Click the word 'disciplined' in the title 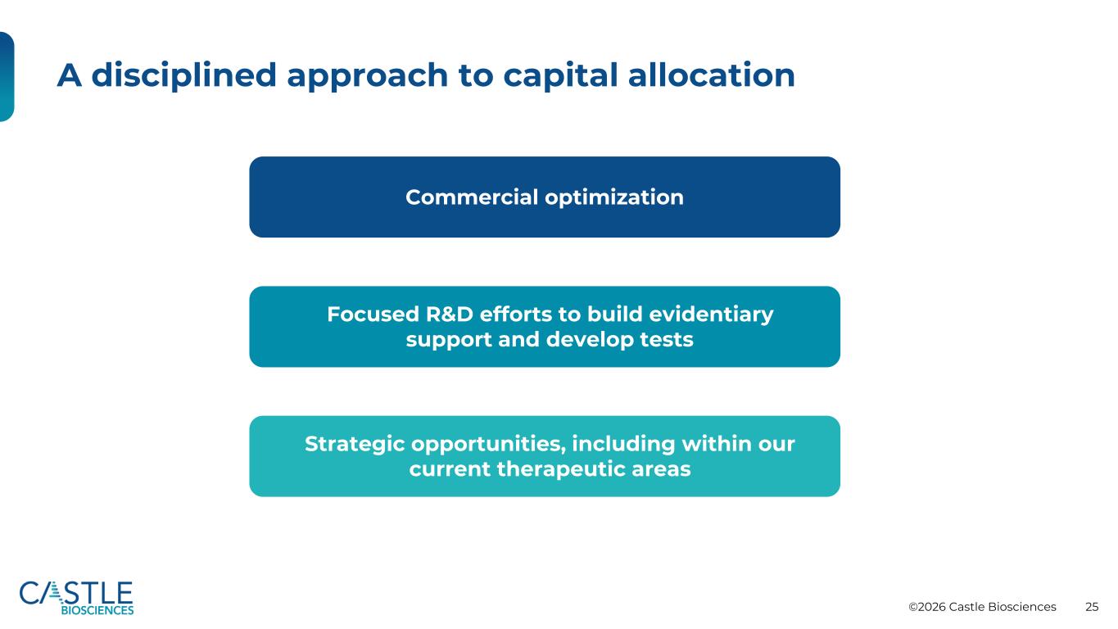(x=183, y=75)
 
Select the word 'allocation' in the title (x=711, y=75)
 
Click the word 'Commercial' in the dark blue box (x=472, y=197)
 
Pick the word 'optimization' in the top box (x=614, y=197)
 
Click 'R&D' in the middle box (x=449, y=314)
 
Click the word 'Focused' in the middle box (x=373, y=314)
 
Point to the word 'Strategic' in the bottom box (x=355, y=444)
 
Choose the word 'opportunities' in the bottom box (x=489, y=444)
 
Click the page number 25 (x=1092, y=607)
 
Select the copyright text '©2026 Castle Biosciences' (x=982, y=607)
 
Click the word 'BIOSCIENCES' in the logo (x=97, y=610)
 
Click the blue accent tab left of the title (x=7, y=76)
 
